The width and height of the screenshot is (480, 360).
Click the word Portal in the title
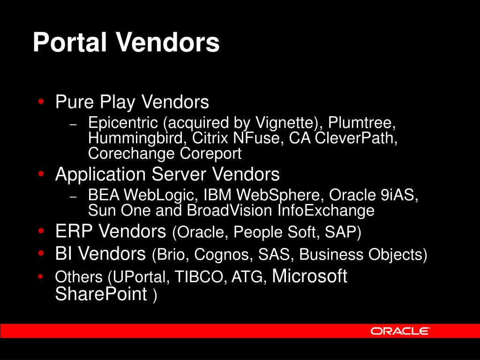tap(70, 42)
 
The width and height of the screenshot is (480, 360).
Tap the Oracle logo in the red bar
tap(400, 331)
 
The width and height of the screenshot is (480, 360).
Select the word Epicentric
tap(123, 123)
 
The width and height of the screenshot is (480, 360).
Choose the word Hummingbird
tap(135, 138)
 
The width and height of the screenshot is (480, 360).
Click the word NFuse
tap(256, 138)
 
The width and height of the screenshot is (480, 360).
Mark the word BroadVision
tap(229, 210)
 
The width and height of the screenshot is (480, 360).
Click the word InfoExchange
tap(326, 211)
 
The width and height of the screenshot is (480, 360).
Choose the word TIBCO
tap(199, 277)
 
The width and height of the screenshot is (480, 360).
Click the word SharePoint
tap(101, 294)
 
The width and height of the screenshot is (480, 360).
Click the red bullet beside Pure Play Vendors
tap(41, 101)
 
